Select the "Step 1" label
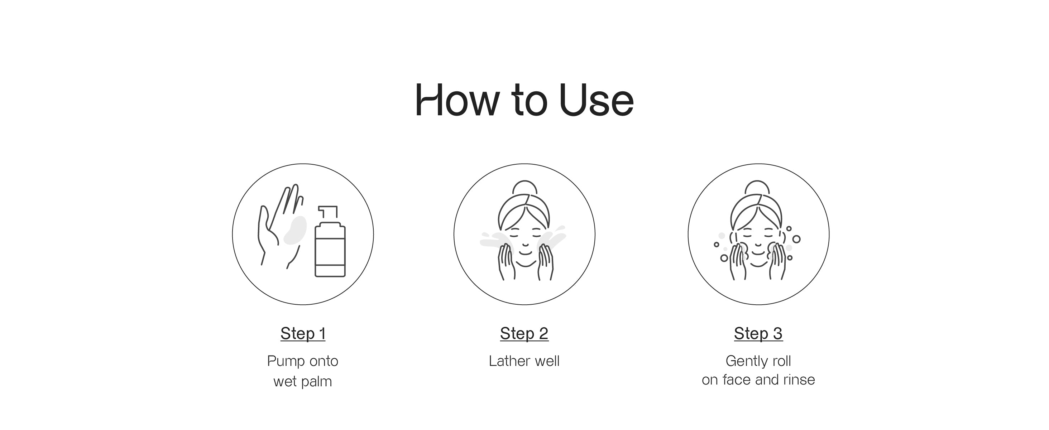point(303,334)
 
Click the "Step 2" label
point(524,334)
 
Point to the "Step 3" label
point(758,334)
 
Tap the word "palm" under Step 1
point(316,382)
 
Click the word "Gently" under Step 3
point(746,361)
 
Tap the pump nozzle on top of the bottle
point(328,212)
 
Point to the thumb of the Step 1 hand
point(265,224)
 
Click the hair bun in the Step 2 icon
point(524,187)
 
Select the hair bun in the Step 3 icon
point(757,187)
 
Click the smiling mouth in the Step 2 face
point(525,253)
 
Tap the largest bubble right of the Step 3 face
point(796,239)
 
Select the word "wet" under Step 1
point(285,382)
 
